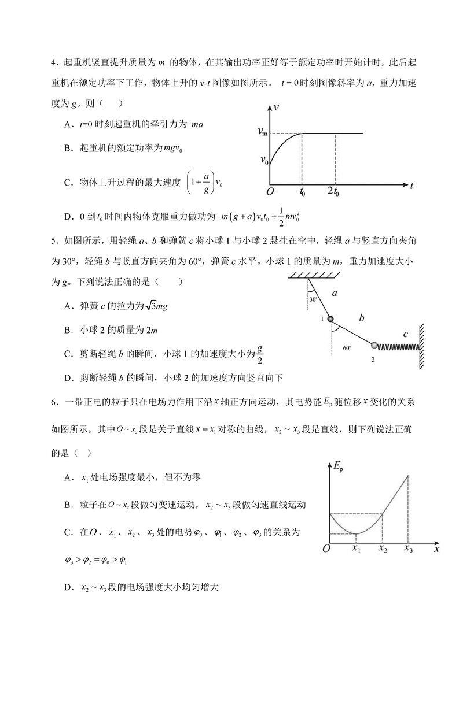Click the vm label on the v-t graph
(262, 132)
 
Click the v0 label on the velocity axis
(263, 160)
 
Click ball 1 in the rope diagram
(330, 319)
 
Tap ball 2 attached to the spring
(374, 346)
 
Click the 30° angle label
(313, 300)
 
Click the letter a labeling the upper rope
(335, 293)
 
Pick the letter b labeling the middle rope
(361, 317)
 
